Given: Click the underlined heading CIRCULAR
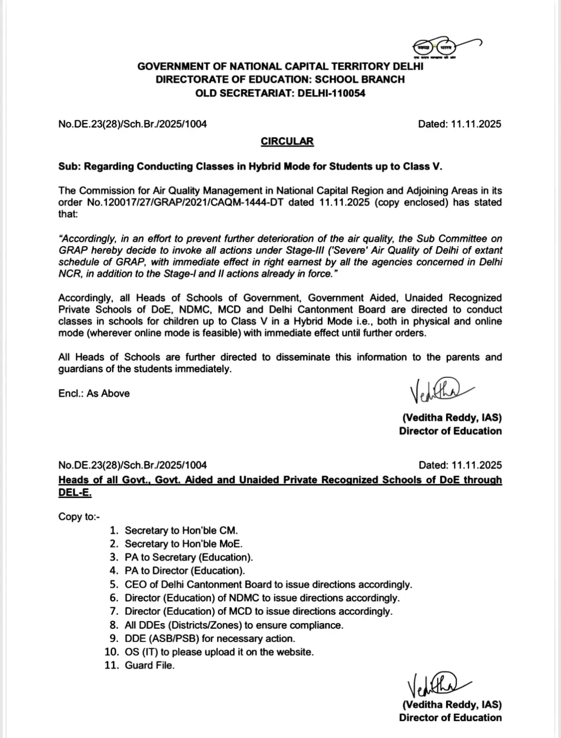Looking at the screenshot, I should click(x=287, y=142).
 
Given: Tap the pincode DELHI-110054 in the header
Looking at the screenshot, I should click(x=331, y=93).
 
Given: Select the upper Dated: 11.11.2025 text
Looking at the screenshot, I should click(x=459, y=124).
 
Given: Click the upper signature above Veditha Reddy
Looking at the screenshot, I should click(x=434, y=391).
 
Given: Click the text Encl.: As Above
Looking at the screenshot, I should click(x=94, y=393).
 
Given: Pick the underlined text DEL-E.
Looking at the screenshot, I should click(x=75, y=493).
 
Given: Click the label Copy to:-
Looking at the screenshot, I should click(x=78, y=517).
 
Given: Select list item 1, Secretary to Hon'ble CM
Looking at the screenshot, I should click(x=181, y=530).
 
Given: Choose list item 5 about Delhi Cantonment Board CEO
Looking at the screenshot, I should click(x=268, y=584).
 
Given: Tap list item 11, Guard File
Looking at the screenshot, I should click(x=150, y=666).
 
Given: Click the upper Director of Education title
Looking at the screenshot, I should click(x=450, y=431).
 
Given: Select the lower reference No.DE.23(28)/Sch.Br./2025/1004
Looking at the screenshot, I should click(x=133, y=465).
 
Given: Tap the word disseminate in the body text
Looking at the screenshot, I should click(x=302, y=357).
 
